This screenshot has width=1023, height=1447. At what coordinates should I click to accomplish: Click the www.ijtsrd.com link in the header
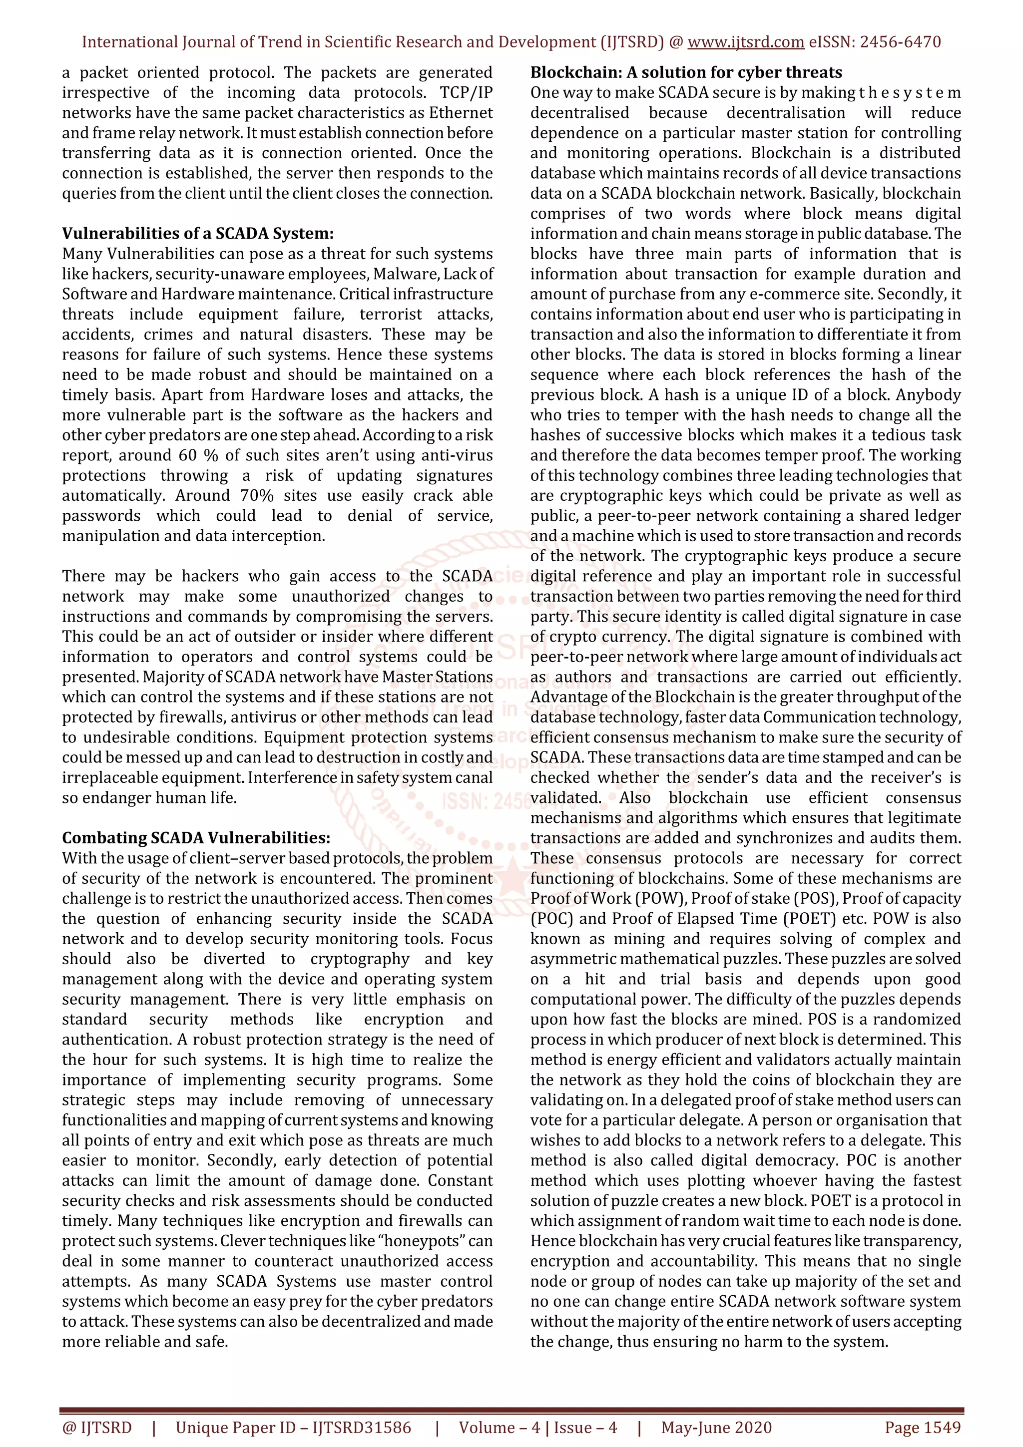745,42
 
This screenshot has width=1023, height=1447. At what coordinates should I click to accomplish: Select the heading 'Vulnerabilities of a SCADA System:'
197,234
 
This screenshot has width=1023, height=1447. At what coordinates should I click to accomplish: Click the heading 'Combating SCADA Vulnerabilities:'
196,838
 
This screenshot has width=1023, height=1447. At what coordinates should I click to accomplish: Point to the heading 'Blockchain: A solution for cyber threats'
686,72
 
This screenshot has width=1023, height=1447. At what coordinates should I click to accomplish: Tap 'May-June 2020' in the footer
716,1428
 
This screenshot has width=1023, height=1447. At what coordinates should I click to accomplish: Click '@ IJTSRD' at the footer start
97,1428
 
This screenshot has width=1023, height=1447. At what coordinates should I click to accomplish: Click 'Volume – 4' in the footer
499,1428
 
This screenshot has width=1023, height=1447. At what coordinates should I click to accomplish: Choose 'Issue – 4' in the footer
585,1428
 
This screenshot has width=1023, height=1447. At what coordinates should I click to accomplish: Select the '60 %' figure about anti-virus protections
198,455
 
